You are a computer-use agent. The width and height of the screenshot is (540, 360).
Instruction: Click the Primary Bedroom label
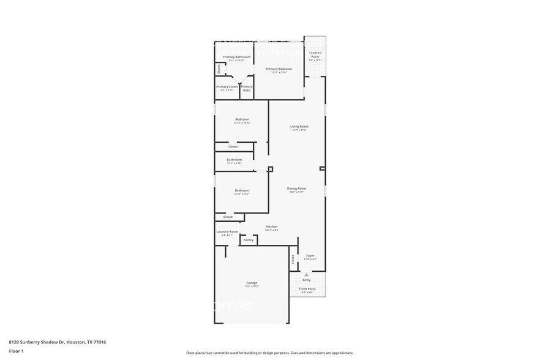279,69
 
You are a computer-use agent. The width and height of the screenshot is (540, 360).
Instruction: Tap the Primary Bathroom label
236,57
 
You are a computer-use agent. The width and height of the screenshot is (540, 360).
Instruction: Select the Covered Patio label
315,55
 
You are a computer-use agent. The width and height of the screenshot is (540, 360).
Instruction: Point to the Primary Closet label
227,87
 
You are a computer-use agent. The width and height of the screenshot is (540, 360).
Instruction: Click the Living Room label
299,127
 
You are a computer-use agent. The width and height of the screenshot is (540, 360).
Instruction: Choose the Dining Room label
297,189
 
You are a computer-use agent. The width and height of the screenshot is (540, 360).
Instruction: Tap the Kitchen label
272,227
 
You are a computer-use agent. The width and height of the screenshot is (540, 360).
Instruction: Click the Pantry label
249,240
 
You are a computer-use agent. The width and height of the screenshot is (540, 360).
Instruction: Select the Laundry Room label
227,232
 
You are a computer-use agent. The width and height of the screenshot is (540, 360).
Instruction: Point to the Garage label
252,283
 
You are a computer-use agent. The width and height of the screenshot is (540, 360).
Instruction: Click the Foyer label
310,256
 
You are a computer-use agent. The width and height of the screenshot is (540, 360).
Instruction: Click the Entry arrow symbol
307,275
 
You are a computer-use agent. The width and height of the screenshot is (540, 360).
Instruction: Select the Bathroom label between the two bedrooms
234,160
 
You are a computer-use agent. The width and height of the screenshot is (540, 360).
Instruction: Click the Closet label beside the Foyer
293,259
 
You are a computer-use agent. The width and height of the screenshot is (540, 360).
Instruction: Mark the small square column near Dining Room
270,169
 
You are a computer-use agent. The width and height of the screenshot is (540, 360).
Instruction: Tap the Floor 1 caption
16,351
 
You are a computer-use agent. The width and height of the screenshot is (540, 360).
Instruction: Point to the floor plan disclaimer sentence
269,353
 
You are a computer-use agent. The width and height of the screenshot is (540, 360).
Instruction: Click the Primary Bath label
246,88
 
